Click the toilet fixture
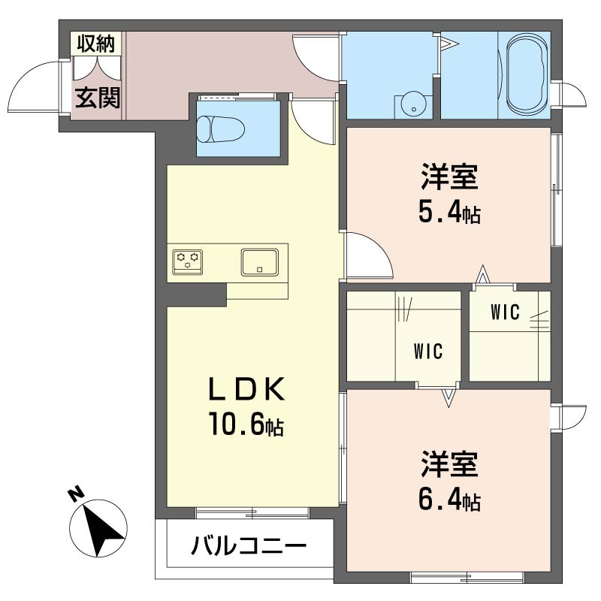point(221,128)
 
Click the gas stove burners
point(187,262)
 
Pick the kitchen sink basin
point(259,262)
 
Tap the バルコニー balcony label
point(249,546)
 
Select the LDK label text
point(246,389)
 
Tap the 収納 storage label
point(96,44)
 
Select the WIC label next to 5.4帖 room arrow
point(505,312)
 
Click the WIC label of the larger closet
point(428,351)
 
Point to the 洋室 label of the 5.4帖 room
point(449,177)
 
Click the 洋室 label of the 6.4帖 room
point(449,464)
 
